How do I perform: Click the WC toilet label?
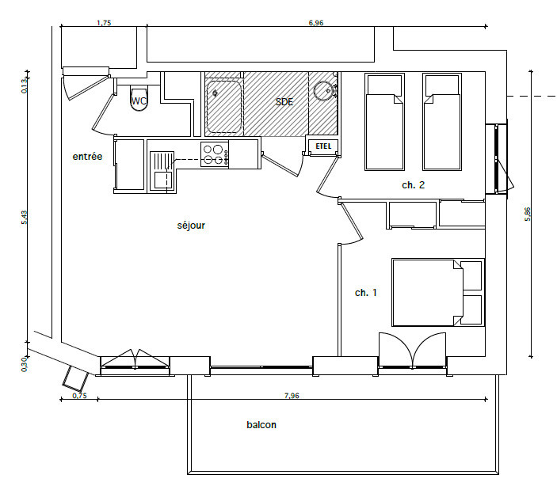139,101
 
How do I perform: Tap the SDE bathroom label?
284,102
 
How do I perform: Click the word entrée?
87,157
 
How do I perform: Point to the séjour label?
191,226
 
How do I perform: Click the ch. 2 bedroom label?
414,185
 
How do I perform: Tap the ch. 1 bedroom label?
365,293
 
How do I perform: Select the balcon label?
261,425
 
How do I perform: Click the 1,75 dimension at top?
103,23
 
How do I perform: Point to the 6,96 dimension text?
315,23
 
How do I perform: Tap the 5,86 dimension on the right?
528,214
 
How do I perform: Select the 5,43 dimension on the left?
24,218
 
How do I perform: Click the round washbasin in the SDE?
322,90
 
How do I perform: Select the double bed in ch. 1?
428,291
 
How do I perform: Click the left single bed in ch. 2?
383,122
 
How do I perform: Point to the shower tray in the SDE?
223,106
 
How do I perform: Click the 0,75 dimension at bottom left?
78,394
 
